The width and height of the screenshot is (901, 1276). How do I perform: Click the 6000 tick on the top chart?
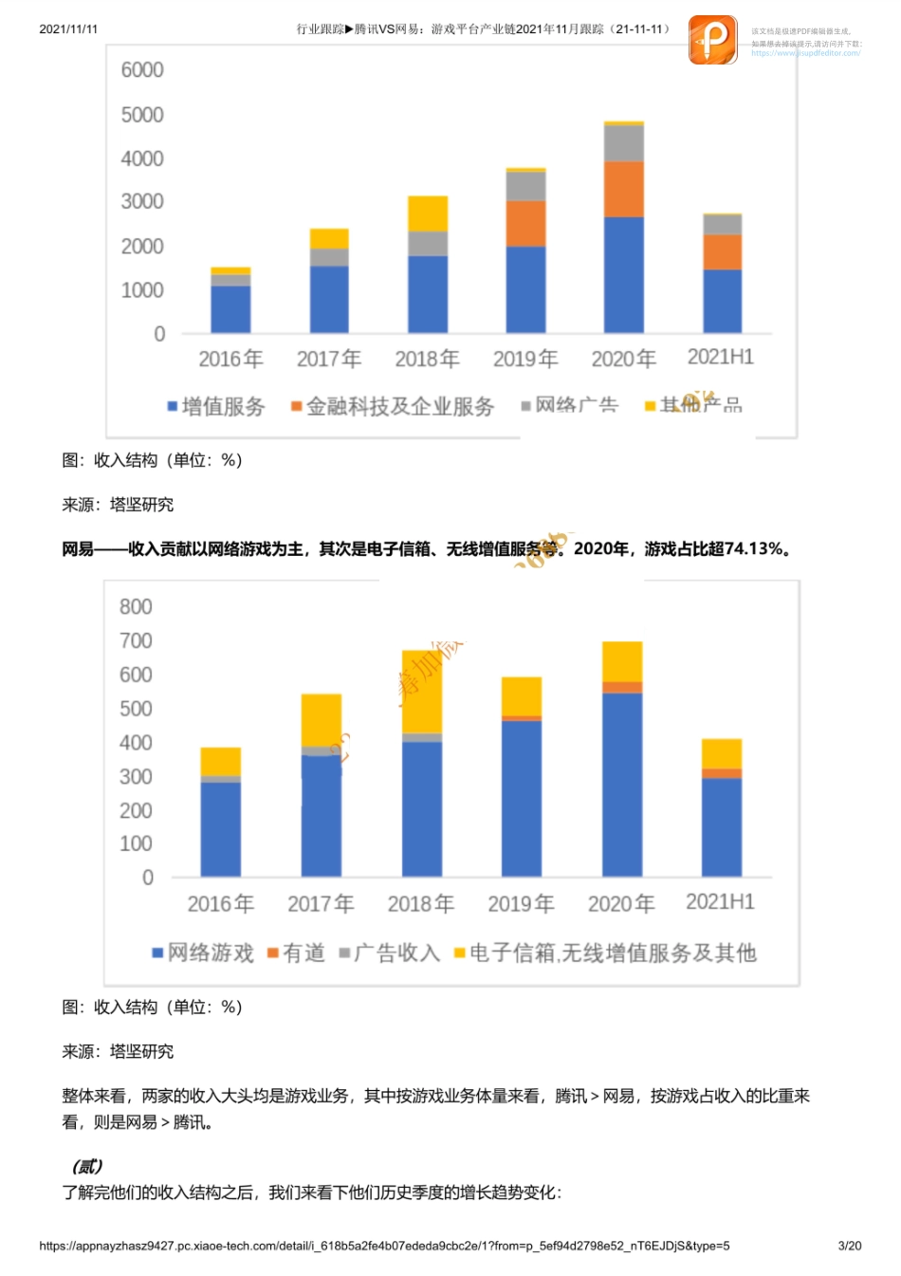tap(142, 70)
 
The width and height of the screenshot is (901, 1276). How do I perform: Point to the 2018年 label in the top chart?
tap(427, 359)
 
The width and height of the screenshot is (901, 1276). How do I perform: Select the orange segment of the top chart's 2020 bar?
tap(623, 190)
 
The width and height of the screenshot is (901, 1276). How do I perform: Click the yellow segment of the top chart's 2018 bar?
tap(427, 213)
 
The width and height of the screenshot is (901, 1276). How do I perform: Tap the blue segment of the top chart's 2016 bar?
tap(230, 309)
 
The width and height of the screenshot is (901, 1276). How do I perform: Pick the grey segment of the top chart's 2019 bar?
tap(525, 186)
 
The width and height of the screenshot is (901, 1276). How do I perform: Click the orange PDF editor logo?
tap(712, 40)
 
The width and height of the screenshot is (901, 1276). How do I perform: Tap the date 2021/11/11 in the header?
tap(68, 29)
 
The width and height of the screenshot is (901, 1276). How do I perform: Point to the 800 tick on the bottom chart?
tap(136, 607)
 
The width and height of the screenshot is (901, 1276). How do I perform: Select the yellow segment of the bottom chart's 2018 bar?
tap(422, 692)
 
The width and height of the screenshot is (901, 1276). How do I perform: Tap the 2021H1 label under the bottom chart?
tap(720, 901)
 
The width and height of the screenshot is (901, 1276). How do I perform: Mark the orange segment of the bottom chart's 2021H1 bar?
tap(722, 773)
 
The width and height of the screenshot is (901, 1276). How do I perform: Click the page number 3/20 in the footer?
tap(850, 1246)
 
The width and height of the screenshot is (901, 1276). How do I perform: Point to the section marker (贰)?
tap(87, 1166)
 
